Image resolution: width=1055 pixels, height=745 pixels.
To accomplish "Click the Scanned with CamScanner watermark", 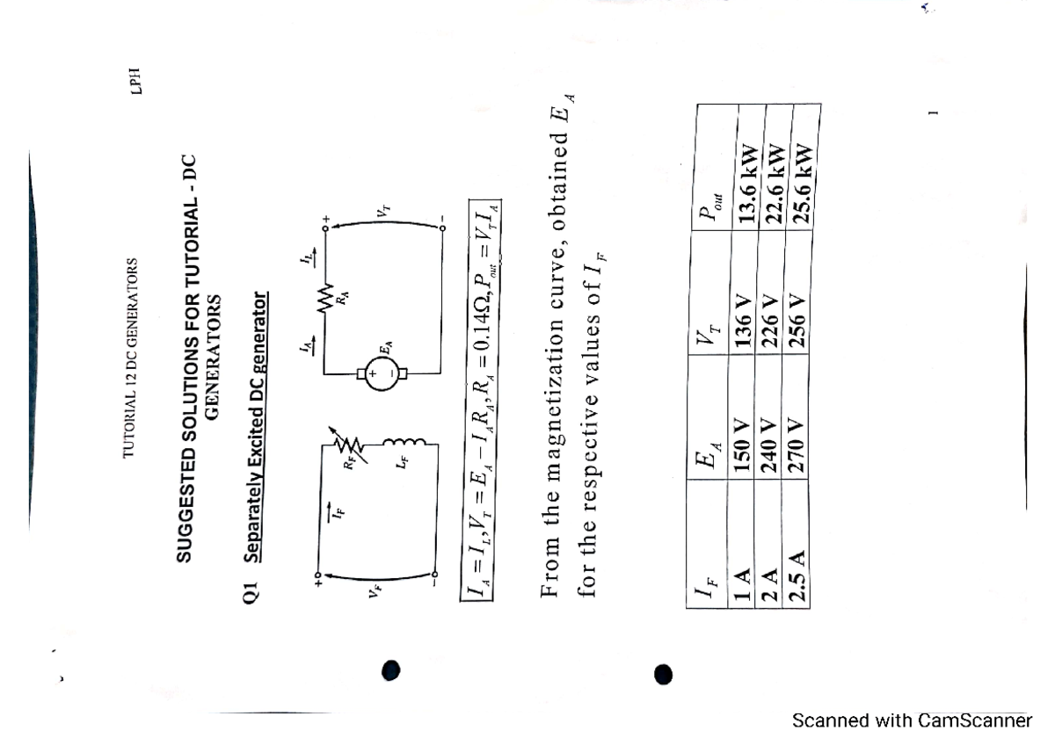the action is click(x=911, y=721).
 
